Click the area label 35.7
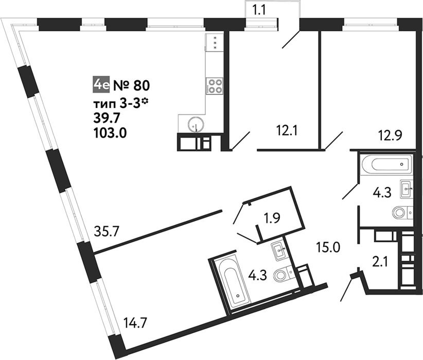coord(107,231)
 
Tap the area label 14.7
coord(135,323)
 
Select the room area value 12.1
coord(287,131)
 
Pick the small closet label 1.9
coord(272,219)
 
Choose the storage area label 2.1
coord(380,261)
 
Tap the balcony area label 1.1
coord(259,11)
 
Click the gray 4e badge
coord(101,85)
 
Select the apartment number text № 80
coord(131,85)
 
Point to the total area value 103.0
coord(110,133)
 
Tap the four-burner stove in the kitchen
coord(215,85)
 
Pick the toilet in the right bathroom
coord(402,212)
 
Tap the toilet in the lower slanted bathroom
coord(283,274)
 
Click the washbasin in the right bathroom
coord(406,189)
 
